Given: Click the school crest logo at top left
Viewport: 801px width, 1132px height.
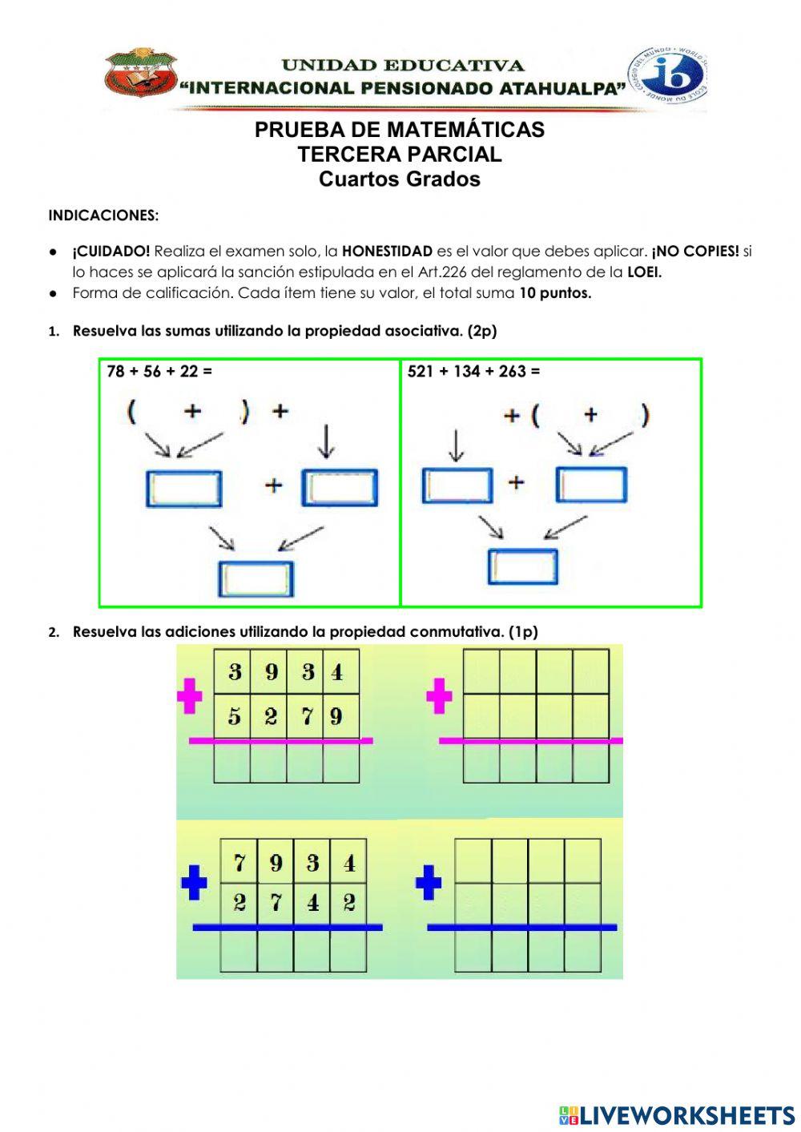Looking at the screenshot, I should point(140,73).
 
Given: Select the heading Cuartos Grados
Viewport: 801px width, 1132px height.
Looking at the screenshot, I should point(399,179).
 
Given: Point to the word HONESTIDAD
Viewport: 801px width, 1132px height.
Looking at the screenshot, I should point(387,251).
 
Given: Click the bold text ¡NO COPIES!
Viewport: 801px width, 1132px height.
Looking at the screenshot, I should point(695,251).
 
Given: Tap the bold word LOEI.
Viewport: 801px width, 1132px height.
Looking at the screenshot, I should point(644,272).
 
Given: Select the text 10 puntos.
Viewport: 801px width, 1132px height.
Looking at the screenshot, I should point(555,292).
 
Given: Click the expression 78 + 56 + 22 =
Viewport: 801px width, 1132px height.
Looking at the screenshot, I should point(159,371).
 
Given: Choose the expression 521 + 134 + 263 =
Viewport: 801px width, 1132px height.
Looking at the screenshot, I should point(473,371).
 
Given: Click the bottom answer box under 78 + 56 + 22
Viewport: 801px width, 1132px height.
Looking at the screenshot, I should point(256,578).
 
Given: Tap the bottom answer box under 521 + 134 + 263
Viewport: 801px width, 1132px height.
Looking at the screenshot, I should point(522,566).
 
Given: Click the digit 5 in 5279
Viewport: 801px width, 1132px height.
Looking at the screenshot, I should point(234,715).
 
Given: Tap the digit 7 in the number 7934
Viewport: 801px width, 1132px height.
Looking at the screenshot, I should point(239,863).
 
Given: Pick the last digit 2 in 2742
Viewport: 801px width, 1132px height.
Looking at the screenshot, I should point(349,903).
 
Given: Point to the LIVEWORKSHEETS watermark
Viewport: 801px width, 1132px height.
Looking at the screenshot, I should point(677,1114).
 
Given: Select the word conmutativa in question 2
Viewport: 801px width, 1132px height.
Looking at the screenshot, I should point(457,631).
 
